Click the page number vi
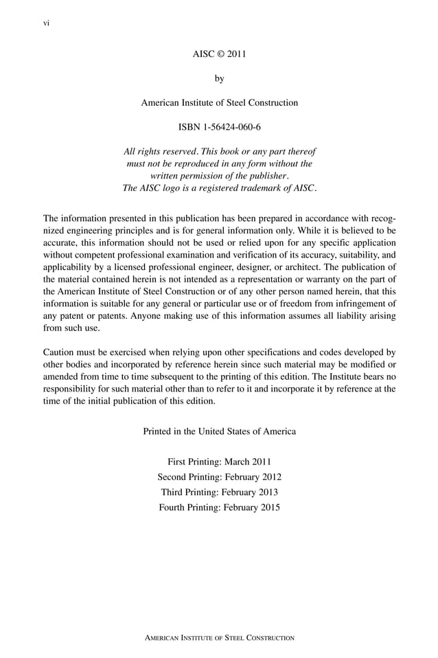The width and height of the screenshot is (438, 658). coord(47,23)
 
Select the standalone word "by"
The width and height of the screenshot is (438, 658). coord(219,78)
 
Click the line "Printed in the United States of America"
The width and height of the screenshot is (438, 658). coord(219,431)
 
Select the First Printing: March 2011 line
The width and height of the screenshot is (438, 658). coord(219,462)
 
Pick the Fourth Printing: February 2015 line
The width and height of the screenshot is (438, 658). coord(219,508)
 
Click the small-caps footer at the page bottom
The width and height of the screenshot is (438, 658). coord(219,638)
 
